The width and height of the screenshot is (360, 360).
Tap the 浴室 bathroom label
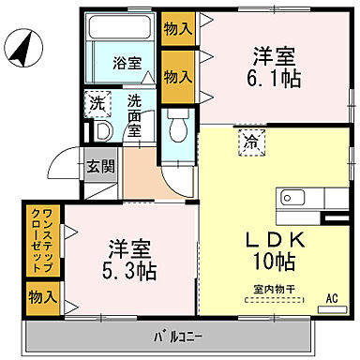[127, 64]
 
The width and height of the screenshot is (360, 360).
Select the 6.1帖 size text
[275, 80]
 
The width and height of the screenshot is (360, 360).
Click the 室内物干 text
[271, 290]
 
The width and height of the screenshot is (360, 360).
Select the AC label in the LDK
[331, 300]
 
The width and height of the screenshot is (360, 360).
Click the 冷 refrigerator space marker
[251, 144]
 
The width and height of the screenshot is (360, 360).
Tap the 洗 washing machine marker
[96, 104]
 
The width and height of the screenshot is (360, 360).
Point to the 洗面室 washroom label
[135, 115]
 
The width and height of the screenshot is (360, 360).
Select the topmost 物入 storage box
[177, 29]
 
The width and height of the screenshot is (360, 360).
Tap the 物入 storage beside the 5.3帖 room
[38, 297]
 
